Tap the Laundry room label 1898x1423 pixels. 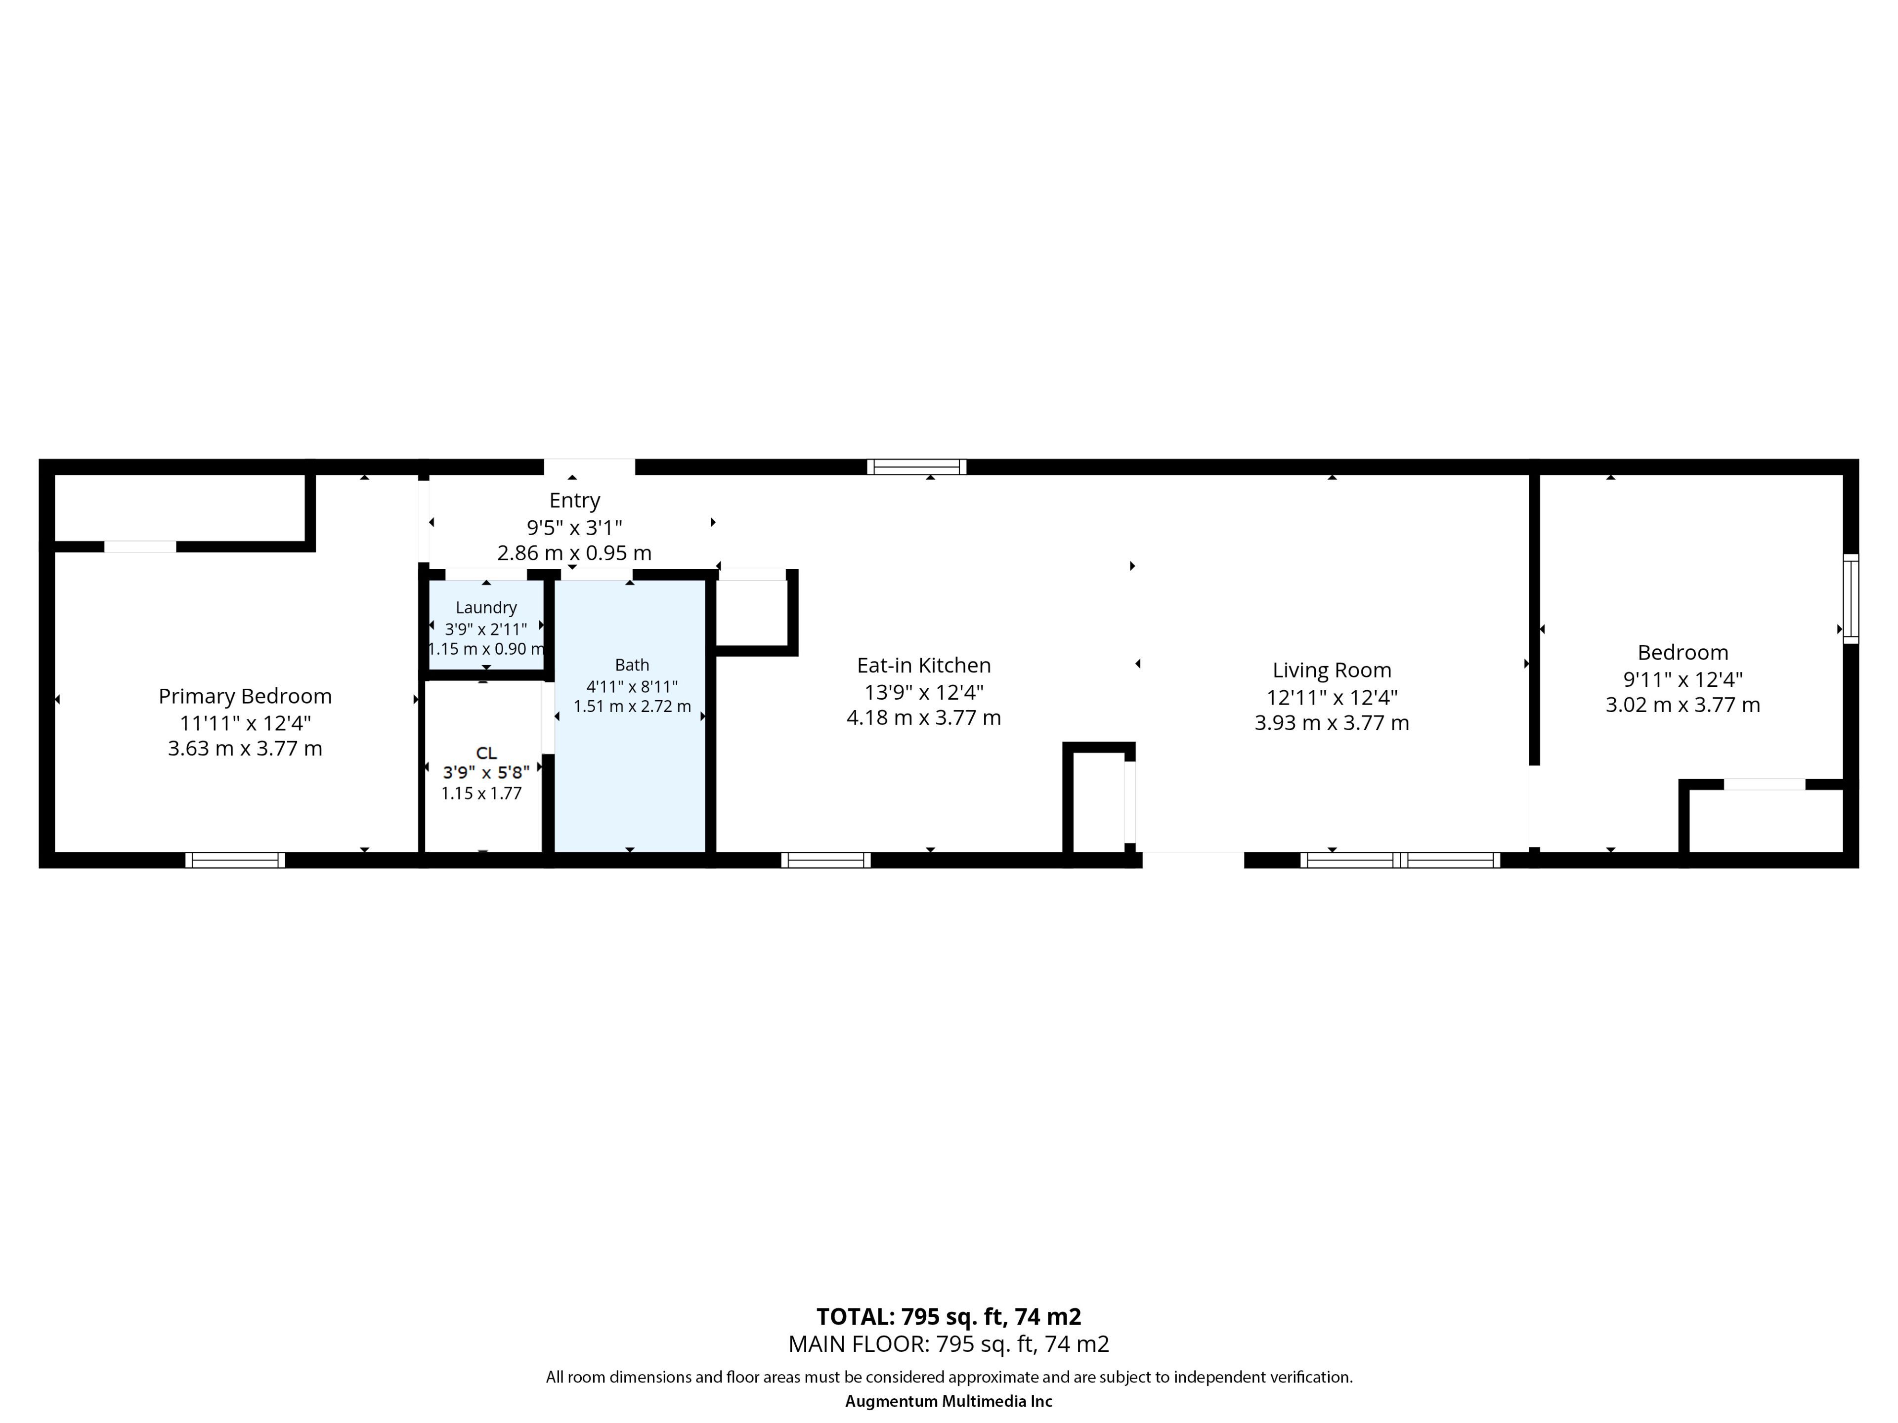tap(486, 607)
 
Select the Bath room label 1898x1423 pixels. tap(632, 665)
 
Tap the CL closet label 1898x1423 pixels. tap(486, 753)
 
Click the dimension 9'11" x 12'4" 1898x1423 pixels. tap(1682, 679)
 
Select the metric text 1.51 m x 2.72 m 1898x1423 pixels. tap(632, 707)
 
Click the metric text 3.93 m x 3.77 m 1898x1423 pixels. tap(1332, 723)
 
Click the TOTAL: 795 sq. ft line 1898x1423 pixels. tap(949, 1317)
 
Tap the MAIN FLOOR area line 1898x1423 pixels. tap(949, 1344)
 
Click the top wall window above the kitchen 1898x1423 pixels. tap(916, 466)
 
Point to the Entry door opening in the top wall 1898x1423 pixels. tap(590, 466)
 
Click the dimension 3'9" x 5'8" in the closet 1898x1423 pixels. tap(486, 772)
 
